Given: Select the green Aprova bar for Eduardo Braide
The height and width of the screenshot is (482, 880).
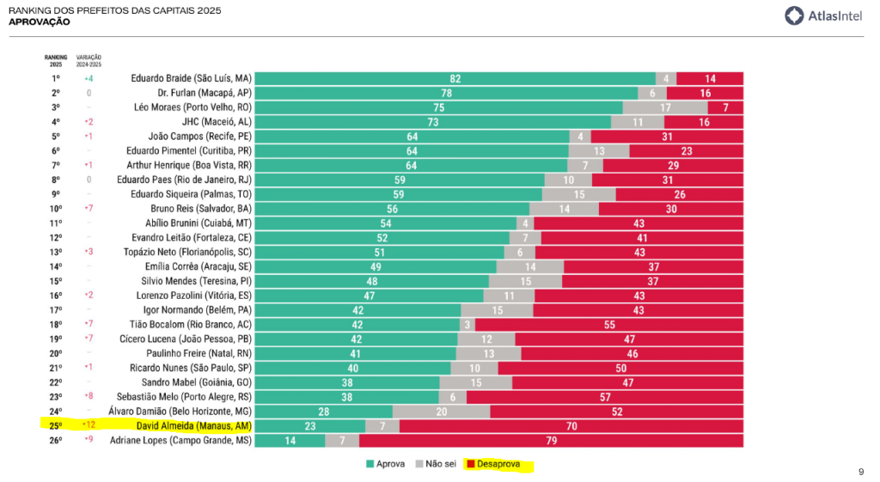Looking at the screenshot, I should point(455,78).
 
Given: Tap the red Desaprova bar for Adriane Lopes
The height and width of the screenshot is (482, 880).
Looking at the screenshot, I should point(551,441).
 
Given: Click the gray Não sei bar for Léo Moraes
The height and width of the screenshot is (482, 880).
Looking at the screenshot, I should point(665,107).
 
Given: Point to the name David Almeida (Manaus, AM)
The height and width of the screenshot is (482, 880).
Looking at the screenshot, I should point(193,426).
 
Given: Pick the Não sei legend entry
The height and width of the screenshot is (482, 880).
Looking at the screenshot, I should point(437,465).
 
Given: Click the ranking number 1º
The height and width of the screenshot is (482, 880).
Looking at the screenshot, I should point(55,78).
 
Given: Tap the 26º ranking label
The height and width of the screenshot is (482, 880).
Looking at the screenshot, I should point(55,441).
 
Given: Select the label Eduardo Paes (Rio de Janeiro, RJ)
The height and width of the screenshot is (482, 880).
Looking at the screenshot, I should point(184,180).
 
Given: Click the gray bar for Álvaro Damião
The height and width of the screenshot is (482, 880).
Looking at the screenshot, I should point(441,412).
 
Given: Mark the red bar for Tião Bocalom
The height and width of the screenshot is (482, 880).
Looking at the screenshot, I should point(608,325).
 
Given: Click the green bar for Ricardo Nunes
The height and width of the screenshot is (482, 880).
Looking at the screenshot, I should point(352,368).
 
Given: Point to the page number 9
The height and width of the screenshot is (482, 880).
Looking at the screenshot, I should point(861,471).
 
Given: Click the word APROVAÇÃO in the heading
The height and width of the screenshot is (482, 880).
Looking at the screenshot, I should point(39,21).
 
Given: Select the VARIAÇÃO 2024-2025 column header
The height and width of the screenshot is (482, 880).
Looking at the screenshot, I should point(88,61).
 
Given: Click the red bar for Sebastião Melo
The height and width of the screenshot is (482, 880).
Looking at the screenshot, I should point(605,397).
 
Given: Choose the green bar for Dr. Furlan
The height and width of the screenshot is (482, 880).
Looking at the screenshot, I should point(447,93).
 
